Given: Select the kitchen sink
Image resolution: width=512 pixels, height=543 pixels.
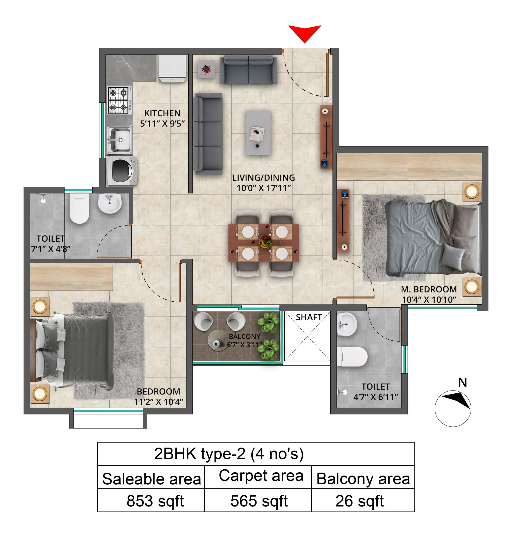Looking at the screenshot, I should point(120,140).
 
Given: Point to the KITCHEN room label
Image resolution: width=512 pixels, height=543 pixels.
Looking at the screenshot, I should point(162,113).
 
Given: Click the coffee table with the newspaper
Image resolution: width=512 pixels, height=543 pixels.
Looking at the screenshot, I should point(258,133).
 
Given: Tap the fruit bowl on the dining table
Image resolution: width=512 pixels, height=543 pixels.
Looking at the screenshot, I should point(265,241).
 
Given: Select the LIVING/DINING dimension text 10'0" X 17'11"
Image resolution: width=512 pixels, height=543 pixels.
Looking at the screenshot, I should point(264,188).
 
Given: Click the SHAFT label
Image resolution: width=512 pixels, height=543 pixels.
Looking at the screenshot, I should point(309,317).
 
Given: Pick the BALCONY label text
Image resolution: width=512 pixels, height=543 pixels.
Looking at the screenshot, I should point(244,336).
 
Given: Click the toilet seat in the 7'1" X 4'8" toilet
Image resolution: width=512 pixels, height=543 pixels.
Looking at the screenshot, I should point(79,209).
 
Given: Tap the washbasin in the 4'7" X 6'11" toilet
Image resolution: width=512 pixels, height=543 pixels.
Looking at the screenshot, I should point(346,325).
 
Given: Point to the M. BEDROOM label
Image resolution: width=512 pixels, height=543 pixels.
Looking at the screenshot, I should point(429,289).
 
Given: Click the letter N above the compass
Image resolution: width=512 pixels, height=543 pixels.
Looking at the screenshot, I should point(462,382).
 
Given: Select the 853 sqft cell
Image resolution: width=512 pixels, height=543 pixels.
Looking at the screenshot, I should point(155,501).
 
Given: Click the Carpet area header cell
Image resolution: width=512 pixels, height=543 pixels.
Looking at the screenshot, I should point(261,476).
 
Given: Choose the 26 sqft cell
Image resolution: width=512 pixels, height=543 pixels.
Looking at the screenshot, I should point(359,501).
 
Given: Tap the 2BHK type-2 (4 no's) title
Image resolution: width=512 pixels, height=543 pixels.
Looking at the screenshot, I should point(229,454).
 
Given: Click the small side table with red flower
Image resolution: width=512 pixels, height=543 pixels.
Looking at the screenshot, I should point(206,69).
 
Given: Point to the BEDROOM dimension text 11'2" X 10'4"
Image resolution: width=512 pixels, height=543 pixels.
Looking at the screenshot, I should point(159,402).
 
